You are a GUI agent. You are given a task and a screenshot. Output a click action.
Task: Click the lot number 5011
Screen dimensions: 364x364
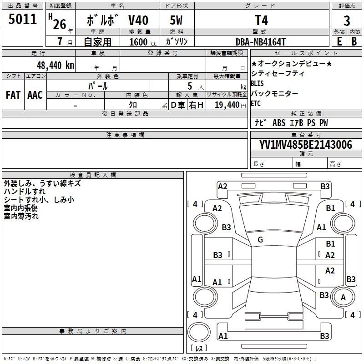pos(22,19)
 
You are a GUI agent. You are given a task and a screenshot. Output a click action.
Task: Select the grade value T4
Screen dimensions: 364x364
pos(261,20)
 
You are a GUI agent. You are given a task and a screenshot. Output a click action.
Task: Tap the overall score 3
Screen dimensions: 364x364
pos(347,21)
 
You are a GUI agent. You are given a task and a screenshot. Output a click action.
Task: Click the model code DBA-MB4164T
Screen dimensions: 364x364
pos(260,42)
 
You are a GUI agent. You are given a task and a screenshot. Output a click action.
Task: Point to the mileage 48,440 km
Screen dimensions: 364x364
pos(56,66)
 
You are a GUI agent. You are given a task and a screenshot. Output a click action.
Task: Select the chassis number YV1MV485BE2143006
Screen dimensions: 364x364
pos(306,145)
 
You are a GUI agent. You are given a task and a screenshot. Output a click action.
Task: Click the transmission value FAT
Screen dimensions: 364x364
pos(13,95)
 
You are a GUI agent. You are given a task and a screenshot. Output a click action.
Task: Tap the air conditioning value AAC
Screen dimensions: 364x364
pos(35,95)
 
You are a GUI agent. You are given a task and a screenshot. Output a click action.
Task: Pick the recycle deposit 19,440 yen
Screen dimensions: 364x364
pos(230,105)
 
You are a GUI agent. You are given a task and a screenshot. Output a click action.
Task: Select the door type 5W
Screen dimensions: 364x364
pos(176,20)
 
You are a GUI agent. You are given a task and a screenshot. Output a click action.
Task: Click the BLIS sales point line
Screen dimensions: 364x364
pos(257,83)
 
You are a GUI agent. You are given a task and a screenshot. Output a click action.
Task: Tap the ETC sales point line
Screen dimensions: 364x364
pos(256,103)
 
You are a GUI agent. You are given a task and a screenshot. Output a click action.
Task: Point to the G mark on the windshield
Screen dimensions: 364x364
pos(260,240)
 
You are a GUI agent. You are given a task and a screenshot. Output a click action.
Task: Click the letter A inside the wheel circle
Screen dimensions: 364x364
pos(343,298)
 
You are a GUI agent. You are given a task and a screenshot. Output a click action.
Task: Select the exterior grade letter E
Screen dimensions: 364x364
pos(339,41)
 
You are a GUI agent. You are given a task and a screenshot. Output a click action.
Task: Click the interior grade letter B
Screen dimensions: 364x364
pos(354,41)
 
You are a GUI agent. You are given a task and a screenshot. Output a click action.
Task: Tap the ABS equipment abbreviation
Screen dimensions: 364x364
pos(279,123)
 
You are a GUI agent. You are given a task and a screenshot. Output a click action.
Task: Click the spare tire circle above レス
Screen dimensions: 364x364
pos(199,332)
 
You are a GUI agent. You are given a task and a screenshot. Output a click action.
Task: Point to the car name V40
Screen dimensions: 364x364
pos(138,20)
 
